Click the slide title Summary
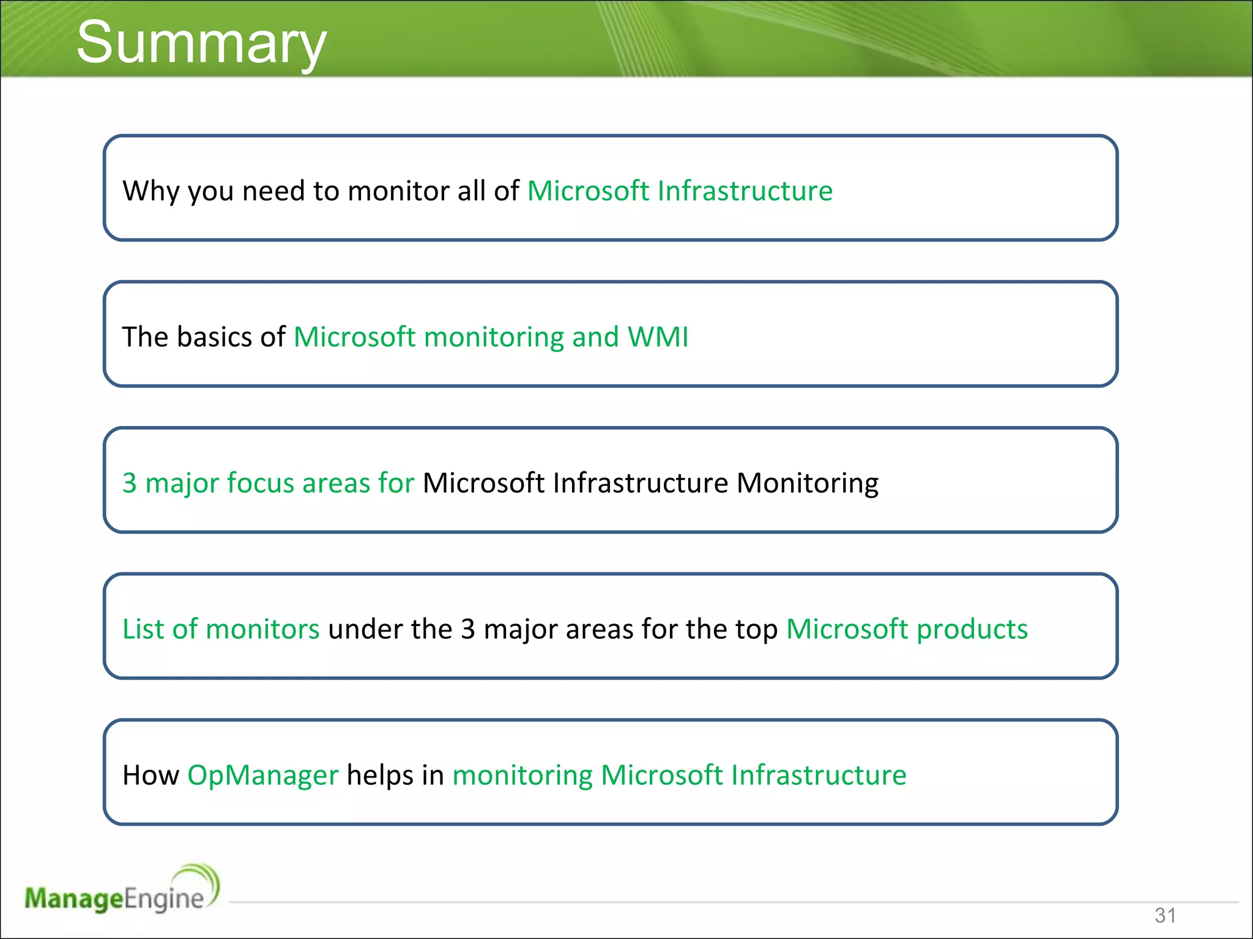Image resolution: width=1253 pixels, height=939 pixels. pyautogui.click(x=201, y=43)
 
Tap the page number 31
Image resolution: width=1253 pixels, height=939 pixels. pyautogui.click(x=1165, y=915)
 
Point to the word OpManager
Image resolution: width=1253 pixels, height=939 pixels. pyautogui.click(x=262, y=775)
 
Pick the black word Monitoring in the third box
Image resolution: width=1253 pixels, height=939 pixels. pyautogui.click(x=807, y=483)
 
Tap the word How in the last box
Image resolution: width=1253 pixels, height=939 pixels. pyautogui.click(x=151, y=775)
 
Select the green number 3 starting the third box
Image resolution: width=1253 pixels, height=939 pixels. pyautogui.click(x=129, y=483)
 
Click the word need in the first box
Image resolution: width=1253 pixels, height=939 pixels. pyautogui.click(x=273, y=191)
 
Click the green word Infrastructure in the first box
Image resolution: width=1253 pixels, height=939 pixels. pyautogui.click(x=745, y=191)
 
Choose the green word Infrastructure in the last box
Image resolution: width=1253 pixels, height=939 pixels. pyautogui.click(x=819, y=775)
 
